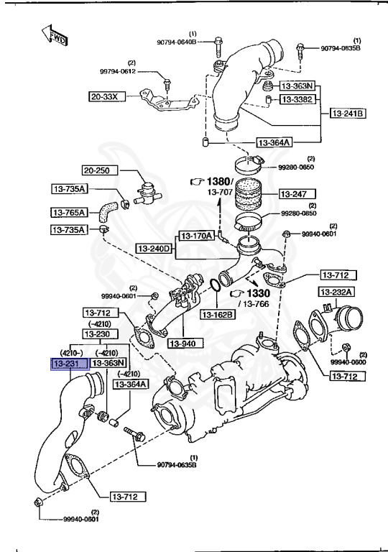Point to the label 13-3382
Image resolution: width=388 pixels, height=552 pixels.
pos(296,99)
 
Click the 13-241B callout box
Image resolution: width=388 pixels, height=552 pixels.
pos(348,114)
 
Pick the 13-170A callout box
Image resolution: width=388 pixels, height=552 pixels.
pos(196,235)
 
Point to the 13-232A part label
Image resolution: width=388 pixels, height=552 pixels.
pos(336,292)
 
